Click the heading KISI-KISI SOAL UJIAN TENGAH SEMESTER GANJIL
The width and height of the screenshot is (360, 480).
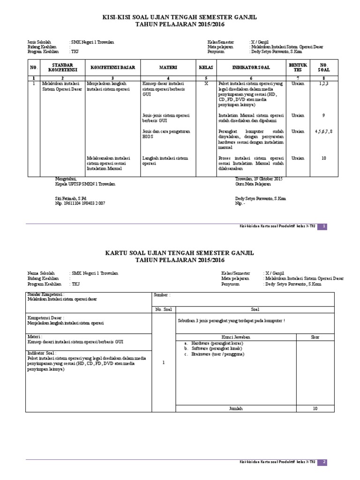coord(180,17)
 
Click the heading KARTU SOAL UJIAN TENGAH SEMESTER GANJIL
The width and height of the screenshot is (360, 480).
coord(180,253)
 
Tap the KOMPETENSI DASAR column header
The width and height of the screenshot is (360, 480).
coord(112,67)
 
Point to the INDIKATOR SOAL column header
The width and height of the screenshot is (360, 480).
coord(251,67)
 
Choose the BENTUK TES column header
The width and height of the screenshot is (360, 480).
coord(298,67)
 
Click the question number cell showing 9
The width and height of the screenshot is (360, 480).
coord(323,115)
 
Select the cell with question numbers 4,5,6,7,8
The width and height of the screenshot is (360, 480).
coord(323,132)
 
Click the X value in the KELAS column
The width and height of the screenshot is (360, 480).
coord(206,83)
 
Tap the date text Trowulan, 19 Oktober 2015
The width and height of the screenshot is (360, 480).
coord(258,179)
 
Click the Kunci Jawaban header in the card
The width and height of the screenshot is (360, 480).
coord(236,337)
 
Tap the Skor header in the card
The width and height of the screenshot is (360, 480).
coord(315,337)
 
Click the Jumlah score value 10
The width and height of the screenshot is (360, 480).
coord(315,409)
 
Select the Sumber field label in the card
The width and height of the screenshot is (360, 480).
coord(162,295)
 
